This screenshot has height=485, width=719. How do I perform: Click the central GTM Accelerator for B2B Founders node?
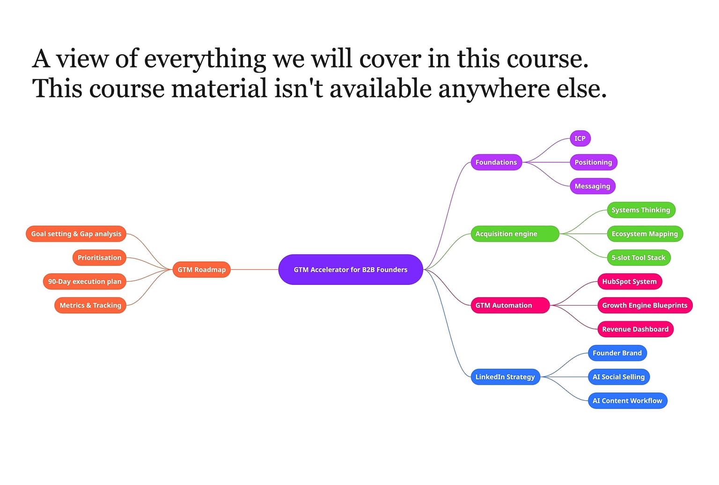pos(351,269)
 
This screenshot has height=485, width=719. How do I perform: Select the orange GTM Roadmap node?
pos(201,269)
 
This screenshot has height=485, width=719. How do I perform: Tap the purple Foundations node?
pos(496,162)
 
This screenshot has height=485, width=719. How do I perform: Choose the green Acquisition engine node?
pos(514,234)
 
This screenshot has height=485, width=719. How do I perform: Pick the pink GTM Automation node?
pos(510,305)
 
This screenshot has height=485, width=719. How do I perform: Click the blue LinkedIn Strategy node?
pos(505,377)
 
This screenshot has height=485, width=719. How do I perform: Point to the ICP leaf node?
pos(580,138)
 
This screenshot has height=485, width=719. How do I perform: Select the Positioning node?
pos(593,162)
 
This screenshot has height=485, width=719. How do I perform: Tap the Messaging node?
pos(592,186)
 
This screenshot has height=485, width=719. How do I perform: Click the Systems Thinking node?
pos(640,210)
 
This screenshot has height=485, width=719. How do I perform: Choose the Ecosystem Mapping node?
pos(645,234)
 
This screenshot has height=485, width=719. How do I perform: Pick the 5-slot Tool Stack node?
pos(638,258)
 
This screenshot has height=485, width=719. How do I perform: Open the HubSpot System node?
pos(629,282)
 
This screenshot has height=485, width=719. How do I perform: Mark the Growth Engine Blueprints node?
pos(645,305)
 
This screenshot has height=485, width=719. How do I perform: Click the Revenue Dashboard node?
pos(635,329)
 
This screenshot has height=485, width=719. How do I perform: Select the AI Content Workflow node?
pos(627,401)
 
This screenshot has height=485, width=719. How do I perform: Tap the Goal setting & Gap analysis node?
pos(76,234)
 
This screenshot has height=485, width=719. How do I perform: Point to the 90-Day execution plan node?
pos(84,282)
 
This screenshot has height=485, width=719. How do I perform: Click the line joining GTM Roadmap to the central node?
pos(254,269)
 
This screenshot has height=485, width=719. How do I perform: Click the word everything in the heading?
pos(205,60)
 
